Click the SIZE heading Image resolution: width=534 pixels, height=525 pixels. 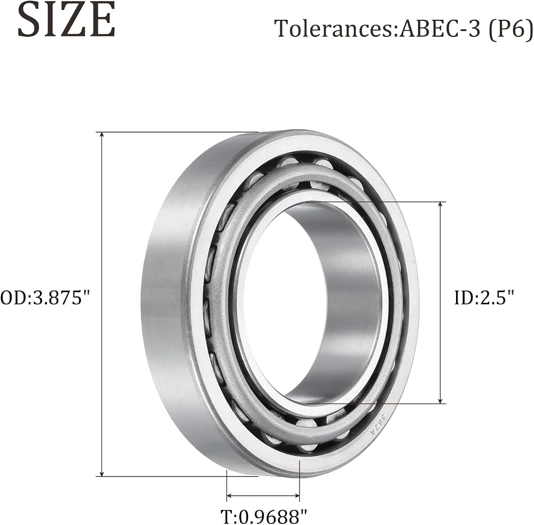click(66, 19)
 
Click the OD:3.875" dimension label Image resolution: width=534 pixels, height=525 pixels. click(45, 297)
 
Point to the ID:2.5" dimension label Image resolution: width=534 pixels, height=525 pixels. click(484, 297)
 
